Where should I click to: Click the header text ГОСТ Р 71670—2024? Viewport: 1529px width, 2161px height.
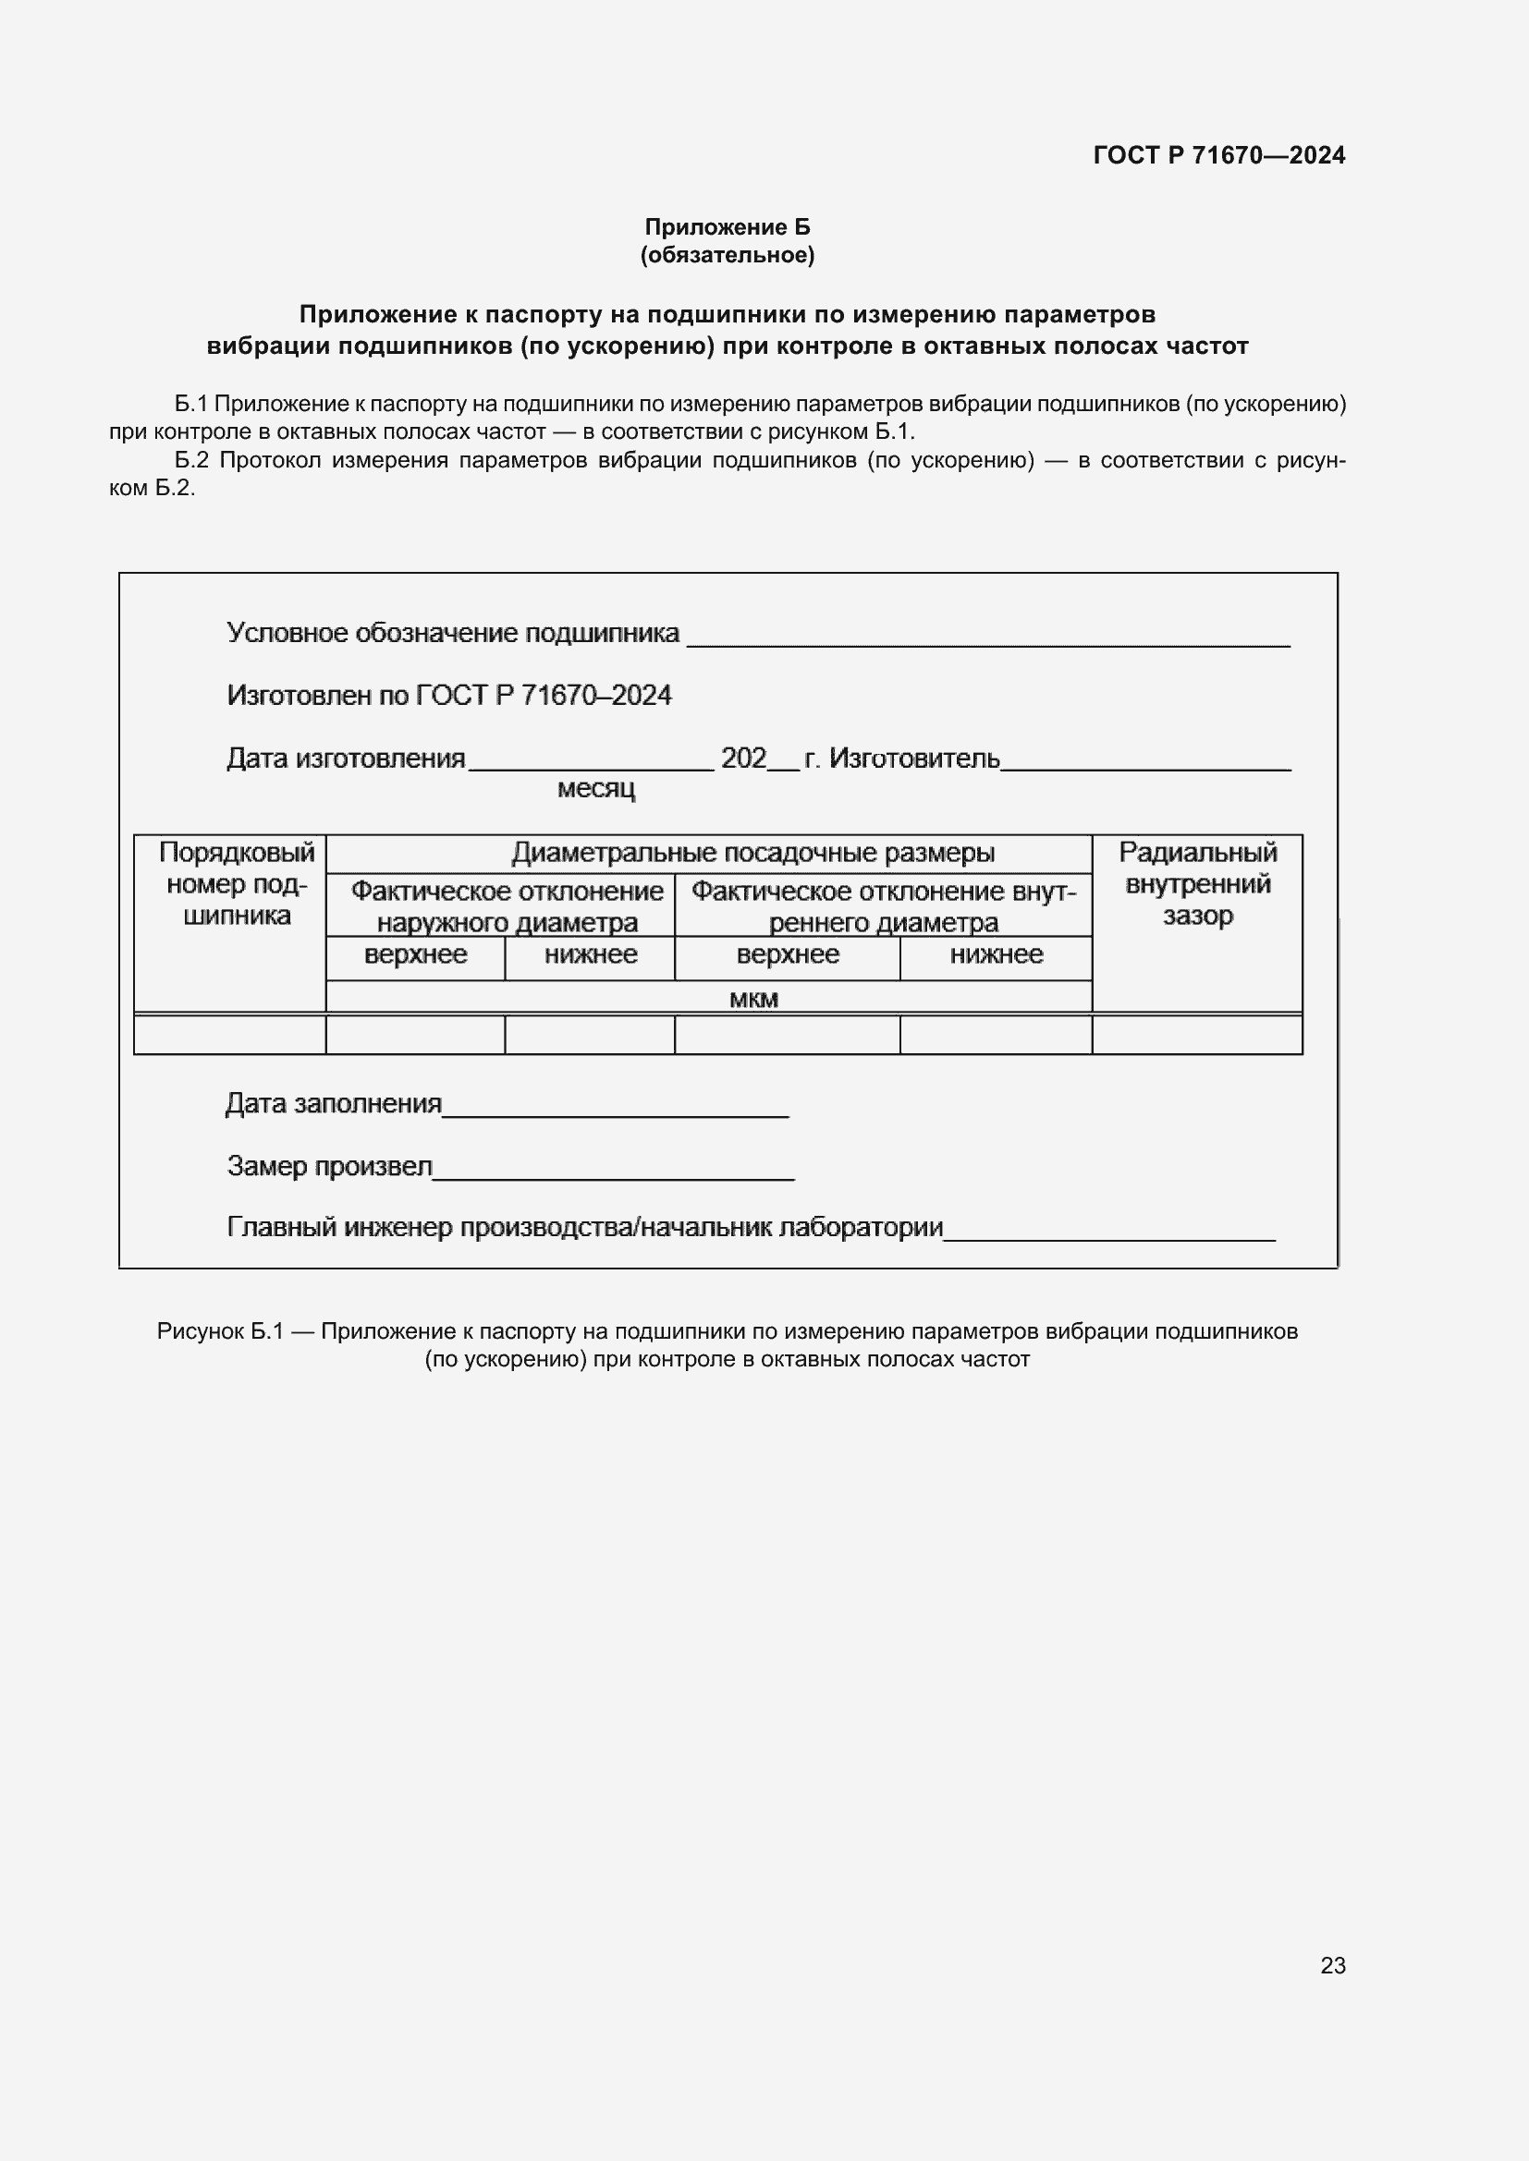coord(1218,155)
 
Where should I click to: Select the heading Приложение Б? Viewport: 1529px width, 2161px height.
coord(727,227)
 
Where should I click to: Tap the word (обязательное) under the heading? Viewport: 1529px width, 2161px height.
coord(727,255)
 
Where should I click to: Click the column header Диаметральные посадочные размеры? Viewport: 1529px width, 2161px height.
coord(752,853)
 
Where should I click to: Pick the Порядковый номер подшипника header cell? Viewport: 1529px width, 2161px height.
coord(237,884)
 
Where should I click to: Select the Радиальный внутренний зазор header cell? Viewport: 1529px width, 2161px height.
coord(1196,884)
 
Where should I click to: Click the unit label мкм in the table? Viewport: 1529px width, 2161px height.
coord(753,999)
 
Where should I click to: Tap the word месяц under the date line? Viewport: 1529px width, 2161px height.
coord(596,789)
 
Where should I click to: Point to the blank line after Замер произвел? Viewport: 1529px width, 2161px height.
coord(613,1172)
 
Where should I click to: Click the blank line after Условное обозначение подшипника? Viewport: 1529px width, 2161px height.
coord(987,638)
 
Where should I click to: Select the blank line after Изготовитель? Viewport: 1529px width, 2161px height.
coord(1144,763)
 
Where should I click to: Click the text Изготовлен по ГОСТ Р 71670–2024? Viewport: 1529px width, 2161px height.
coord(449,696)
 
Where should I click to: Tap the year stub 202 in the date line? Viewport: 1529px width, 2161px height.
coord(743,759)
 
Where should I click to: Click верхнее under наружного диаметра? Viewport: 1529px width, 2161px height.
coord(415,954)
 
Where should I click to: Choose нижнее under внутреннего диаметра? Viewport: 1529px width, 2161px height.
coord(996,954)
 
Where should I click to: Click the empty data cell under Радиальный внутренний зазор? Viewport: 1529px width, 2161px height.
coord(1196,1036)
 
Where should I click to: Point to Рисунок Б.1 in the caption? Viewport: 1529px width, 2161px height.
coord(220,1330)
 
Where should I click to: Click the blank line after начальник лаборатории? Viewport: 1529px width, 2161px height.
coord(1109,1234)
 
